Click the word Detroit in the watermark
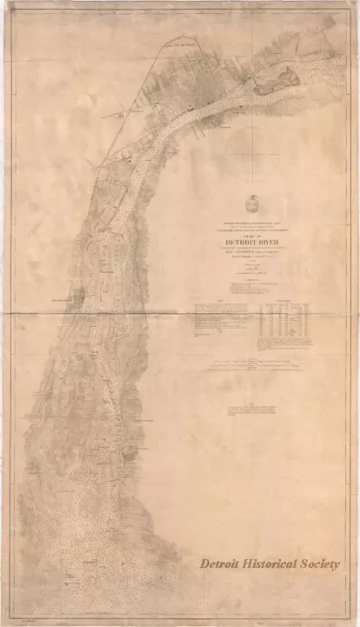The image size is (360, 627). pyautogui.click(x=220, y=563)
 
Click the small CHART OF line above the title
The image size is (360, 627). pyautogui.click(x=252, y=233)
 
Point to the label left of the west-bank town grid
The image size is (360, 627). pyautogui.click(x=58, y=297)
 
